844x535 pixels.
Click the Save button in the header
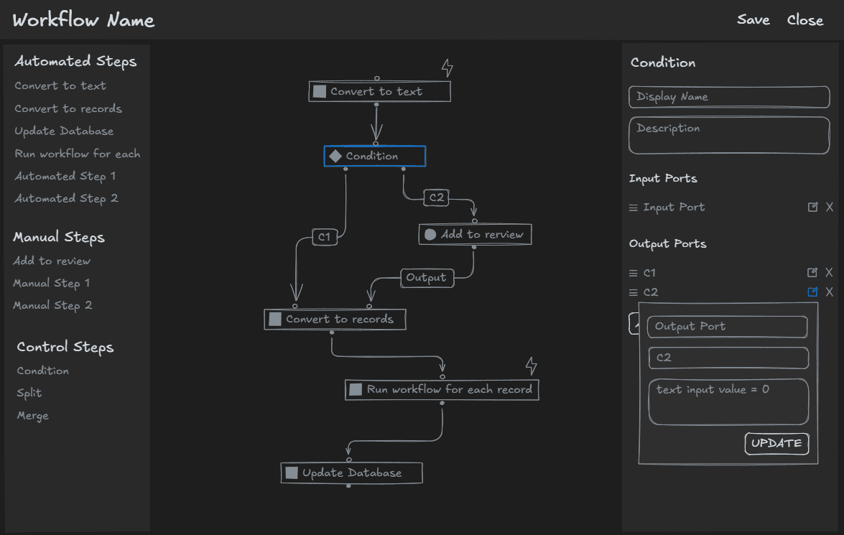click(753, 20)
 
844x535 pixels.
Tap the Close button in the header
click(804, 20)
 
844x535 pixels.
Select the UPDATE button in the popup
click(776, 444)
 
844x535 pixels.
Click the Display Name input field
click(728, 97)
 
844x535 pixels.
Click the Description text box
click(728, 136)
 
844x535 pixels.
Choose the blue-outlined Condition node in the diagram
click(374, 157)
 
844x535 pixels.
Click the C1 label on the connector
click(325, 237)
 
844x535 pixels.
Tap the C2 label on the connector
click(436, 197)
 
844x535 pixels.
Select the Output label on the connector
click(427, 278)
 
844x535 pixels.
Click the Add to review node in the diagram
click(475, 235)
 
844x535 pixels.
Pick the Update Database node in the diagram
click(351, 473)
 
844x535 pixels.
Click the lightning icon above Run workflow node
click(531, 366)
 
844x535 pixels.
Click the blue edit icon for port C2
click(812, 292)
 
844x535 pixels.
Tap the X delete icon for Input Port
click(830, 208)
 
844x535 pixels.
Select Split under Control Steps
click(29, 394)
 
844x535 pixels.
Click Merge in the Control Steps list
click(33, 416)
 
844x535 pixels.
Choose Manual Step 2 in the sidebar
click(52, 306)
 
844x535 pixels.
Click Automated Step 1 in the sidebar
click(65, 177)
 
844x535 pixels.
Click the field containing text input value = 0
click(728, 401)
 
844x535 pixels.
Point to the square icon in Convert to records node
click(275, 320)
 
